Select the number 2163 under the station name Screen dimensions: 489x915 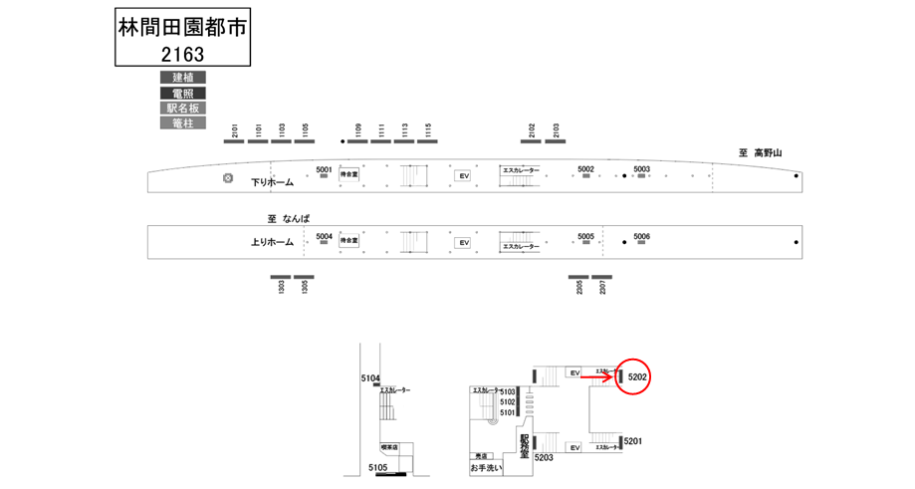pos(182,54)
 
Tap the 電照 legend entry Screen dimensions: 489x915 pos(183,93)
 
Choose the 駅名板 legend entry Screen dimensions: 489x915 pos(183,108)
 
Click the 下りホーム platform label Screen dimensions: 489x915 pos(272,182)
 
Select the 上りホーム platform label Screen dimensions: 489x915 pos(272,242)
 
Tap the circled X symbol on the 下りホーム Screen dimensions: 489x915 pos(228,178)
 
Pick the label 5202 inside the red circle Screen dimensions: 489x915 pos(638,377)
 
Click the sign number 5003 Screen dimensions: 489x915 pos(641,169)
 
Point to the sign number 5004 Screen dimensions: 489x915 pos(324,236)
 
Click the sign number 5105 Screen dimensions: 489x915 pos(377,467)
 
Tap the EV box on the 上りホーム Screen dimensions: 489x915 pos(463,242)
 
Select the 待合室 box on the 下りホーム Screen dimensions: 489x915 pos(348,173)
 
